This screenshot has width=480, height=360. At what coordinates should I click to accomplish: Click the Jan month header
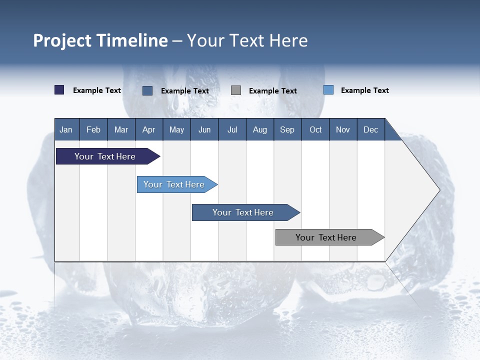pyautogui.click(x=66, y=129)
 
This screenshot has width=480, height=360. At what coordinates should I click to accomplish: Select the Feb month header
pyautogui.click(x=93, y=129)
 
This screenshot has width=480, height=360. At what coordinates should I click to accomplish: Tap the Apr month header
pyautogui.click(x=148, y=129)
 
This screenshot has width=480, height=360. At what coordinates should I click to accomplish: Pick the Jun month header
pyautogui.click(x=204, y=129)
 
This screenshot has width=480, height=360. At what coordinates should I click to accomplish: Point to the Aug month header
pyautogui.click(x=259, y=129)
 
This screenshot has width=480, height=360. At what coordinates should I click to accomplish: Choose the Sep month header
pyautogui.click(x=287, y=129)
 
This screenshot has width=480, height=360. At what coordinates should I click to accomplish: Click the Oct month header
pyautogui.click(x=315, y=129)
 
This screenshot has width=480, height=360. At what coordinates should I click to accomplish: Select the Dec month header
pyautogui.click(x=370, y=129)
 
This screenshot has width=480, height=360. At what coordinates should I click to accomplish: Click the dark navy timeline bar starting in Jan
pyautogui.click(x=105, y=156)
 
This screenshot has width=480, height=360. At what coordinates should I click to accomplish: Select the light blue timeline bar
pyautogui.click(x=174, y=184)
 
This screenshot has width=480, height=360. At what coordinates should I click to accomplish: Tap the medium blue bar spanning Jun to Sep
pyautogui.click(x=243, y=212)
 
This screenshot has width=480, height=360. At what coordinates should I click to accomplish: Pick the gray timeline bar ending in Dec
pyautogui.click(x=326, y=237)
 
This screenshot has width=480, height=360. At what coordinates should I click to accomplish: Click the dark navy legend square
pyautogui.click(x=59, y=90)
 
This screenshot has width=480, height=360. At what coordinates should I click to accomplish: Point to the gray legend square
pyautogui.click(x=236, y=90)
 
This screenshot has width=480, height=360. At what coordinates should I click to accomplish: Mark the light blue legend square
pyautogui.click(x=328, y=90)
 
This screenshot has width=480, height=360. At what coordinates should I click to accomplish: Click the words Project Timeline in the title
pyautogui.click(x=100, y=40)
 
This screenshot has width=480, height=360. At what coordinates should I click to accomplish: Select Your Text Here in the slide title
pyautogui.click(x=247, y=40)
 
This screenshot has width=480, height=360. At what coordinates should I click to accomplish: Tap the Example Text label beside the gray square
pyautogui.click(x=272, y=91)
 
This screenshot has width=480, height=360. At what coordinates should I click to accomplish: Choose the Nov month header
pyautogui.click(x=343, y=129)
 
